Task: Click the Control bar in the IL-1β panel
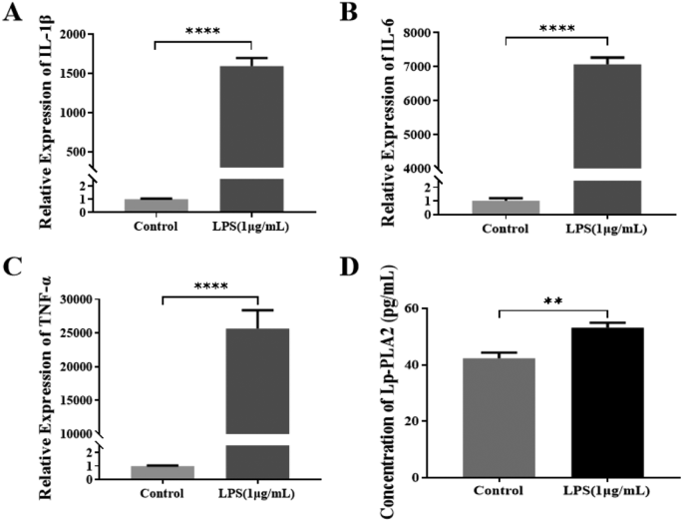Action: [156, 206]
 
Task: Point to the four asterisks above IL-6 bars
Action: [555, 29]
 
